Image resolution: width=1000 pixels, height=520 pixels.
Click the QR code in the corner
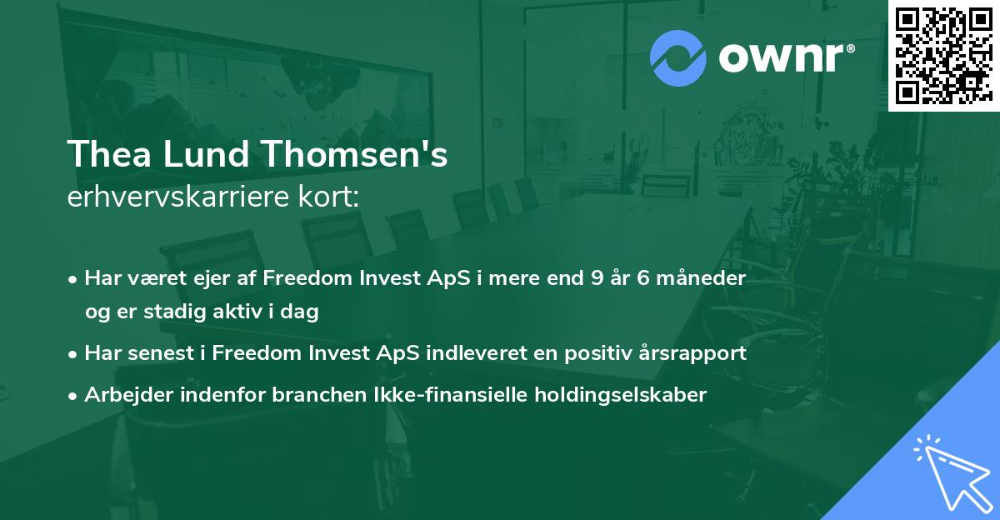coord(943,55)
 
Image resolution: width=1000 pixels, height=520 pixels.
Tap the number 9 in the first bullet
coord(596,278)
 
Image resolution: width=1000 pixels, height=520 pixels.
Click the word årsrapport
coord(692,352)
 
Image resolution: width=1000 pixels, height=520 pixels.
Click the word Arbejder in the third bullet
coord(124,394)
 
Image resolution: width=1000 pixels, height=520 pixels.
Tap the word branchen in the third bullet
coord(314,394)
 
